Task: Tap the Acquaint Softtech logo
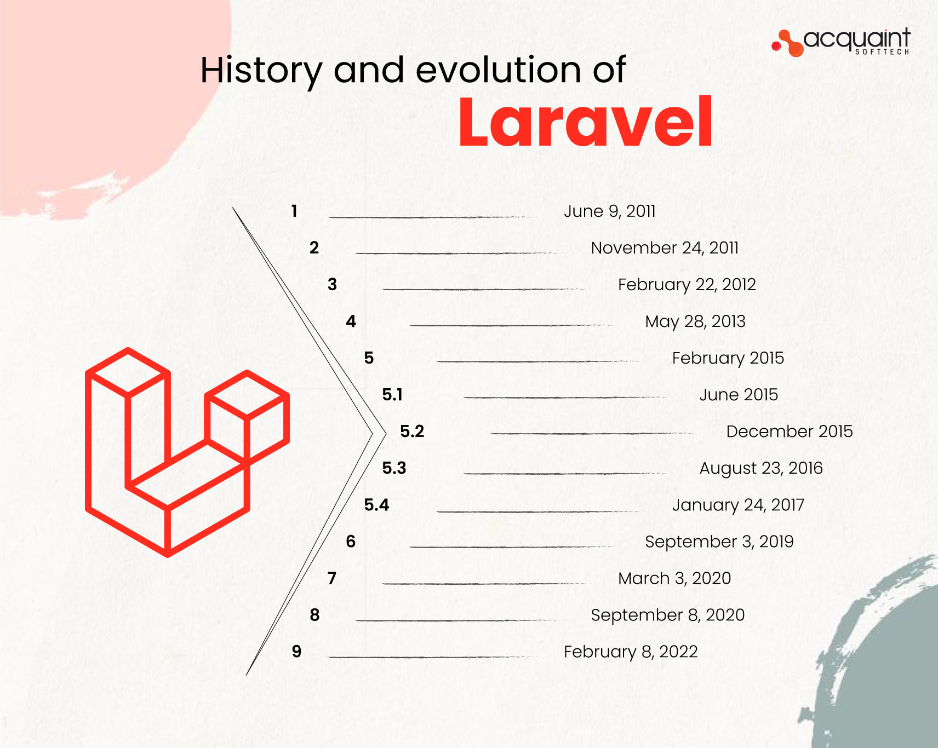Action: pyautogui.click(x=840, y=42)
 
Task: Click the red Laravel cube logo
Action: pyautogui.click(x=187, y=452)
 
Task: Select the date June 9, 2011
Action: pyautogui.click(x=610, y=211)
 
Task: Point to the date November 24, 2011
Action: pyautogui.click(x=665, y=248)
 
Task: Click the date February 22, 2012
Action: pyautogui.click(x=687, y=285)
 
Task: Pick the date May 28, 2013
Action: pyautogui.click(x=695, y=321)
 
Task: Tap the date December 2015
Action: pyautogui.click(x=790, y=431)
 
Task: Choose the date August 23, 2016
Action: pyautogui.click(x=761, y=468)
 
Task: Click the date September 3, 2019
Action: pyautogui.click(x=719, y=542)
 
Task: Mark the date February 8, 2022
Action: pyautogui.click(x=631, y=652)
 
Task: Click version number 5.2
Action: pyautogui.click(x=412, y=431)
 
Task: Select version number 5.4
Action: pyautogui.click(x=376, y=505)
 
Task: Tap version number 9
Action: pyautogui.click(x=296, y=652)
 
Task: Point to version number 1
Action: pyautogui.click(x=294, y=211)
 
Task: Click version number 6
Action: pyautogui.click(x=351, y=542)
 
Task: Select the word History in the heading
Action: pyautogui.click(x=261, y=71)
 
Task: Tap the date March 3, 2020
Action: pyautogui.click(x=674, y=578)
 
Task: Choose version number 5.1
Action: pyautogui.click(x=392, y=395)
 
